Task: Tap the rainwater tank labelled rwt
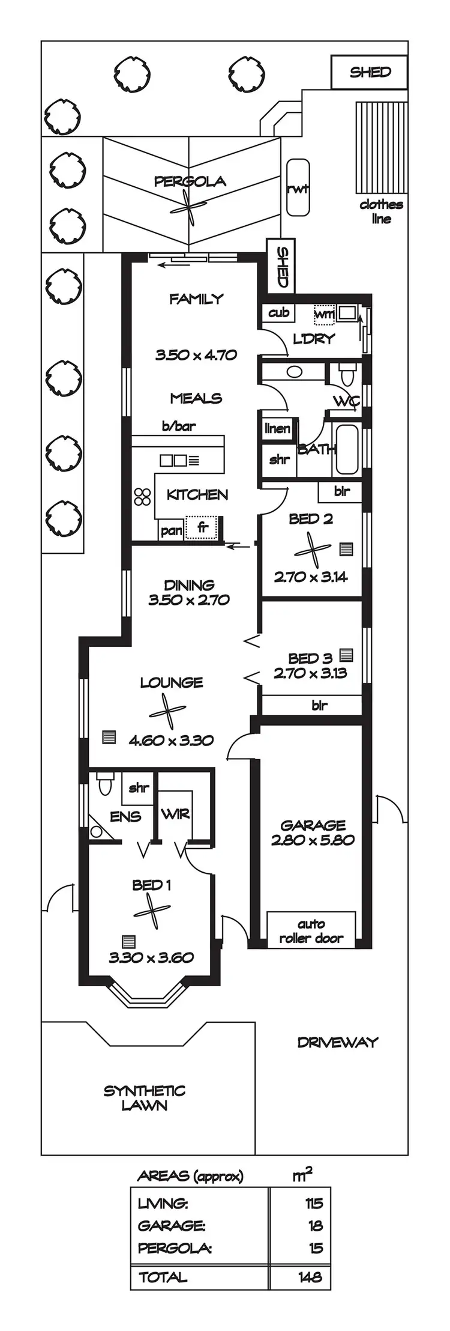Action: point(298,187)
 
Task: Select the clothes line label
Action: point(381,211)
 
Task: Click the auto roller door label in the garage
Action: point(311,930)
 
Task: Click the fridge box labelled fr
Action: point(202,527)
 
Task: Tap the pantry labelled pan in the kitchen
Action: point(171,530)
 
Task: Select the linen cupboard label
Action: point(278,428)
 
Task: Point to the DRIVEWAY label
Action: point(338,1042)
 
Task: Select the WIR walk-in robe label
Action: point(175,814)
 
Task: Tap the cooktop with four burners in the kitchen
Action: point(143,496)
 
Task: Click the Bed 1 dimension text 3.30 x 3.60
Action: point(151,957)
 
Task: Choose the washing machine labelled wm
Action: point(324,314)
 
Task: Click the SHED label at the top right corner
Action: point(370,72)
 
